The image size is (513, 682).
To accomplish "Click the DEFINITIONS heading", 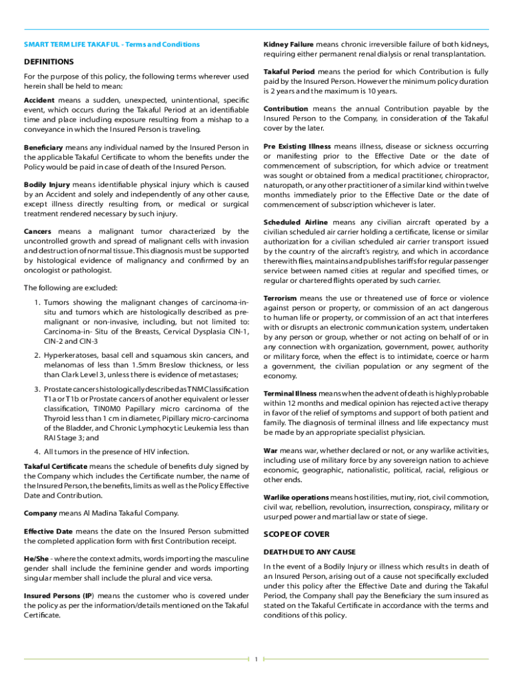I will (x=49, y=61).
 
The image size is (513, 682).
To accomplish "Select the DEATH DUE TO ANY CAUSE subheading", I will (x=309, y=552).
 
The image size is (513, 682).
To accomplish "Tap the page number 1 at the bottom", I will (x=256, y=659).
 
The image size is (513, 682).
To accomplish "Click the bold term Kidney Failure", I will (x=289, y=44).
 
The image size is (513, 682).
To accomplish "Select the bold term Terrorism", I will (x=284, y=298).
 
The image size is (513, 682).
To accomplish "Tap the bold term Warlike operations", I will (x=296, y=498).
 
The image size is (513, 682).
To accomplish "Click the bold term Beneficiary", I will (x=43, y=147).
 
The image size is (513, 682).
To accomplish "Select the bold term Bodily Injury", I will (x=45, y=184).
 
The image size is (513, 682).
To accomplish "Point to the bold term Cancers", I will (x=40, y=231).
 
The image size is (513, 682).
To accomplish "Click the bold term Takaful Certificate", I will (x=55, y=466).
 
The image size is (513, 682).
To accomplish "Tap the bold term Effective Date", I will (x=49, y=531).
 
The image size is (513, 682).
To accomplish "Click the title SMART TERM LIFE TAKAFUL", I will (x=73, y=45).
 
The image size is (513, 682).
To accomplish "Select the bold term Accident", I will (x=39, y=99).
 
